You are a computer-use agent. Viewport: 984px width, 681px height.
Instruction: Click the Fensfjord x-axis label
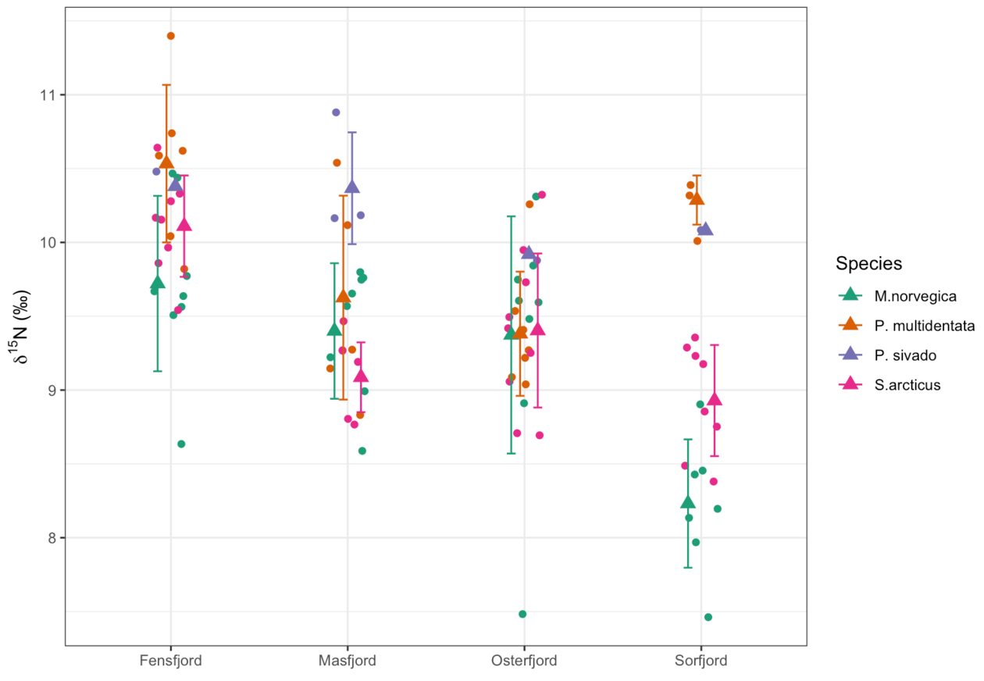(x=170, y=661)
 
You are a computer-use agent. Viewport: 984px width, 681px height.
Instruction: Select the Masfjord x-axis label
(x=348, y=661)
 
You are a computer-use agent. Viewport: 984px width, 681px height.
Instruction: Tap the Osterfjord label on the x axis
(x=524, y=661)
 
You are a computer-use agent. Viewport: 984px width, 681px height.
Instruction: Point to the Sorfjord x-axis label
(x=701, y=661)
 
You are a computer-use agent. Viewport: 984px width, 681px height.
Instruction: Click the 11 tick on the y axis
(x=48, y=95)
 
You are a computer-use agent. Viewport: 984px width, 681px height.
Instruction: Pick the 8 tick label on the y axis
(x=52, y=538)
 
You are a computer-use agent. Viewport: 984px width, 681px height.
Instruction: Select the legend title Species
(x=868, y=263)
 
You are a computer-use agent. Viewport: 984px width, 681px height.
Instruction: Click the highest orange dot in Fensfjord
(x=171, y=36)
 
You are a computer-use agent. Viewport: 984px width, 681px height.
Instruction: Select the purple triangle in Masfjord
(x=352, y=187)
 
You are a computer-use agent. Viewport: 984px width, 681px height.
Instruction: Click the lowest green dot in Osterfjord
(x=522, y=614)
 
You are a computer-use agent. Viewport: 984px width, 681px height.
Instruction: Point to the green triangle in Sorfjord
(x=688, y=502)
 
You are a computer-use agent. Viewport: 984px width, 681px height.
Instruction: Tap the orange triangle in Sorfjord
(x=697, y=198)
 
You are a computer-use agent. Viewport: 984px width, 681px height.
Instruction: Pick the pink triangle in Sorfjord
(x=715, y=399)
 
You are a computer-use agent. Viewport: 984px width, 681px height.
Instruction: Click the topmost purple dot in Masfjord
(x=337, y=112)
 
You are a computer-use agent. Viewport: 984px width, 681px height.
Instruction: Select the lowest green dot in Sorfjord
(x=708, y=617)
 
